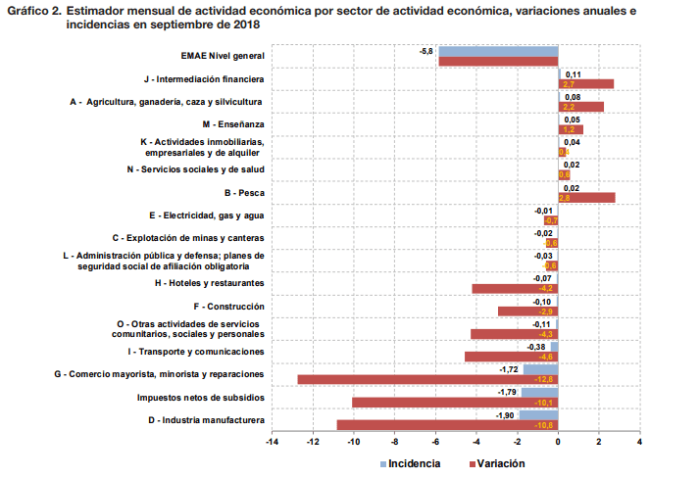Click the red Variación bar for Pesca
[x=586, y=198]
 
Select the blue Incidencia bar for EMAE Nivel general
[x=498, y=51]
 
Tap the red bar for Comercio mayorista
[x=427, y=379]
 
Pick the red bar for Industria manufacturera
[x=447, y=425]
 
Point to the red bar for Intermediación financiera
[x=586, y=84]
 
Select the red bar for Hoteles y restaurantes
[x=515, y=289]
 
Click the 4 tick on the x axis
[x=639, y=443]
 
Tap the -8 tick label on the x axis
[x=394, y=443]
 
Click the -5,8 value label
[x=426, y=51]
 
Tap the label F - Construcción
[x=230, y=306]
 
